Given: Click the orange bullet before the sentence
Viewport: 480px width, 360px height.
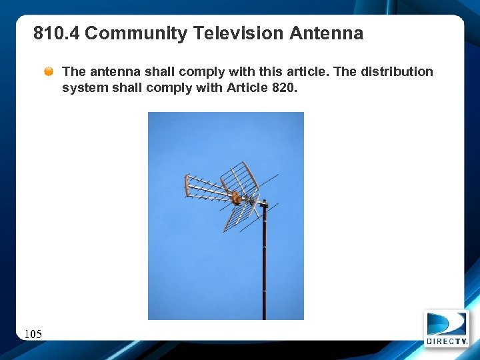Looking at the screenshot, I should [x=49, y=71].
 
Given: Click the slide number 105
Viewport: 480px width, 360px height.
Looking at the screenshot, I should [x=33, y=333].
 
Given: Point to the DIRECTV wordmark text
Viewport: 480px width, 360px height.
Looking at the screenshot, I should [x=447, y=341].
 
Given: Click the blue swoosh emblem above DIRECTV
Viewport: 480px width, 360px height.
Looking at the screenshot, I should [x=446, y=324].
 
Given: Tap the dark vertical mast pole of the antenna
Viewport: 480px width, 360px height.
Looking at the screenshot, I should [x=264, y=267].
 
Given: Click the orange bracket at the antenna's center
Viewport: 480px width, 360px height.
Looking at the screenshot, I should [x=235, y=196].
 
